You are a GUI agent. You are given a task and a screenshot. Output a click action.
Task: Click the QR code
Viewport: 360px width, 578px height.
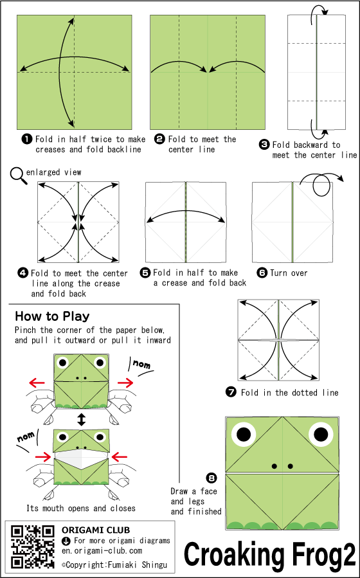pos(32,546)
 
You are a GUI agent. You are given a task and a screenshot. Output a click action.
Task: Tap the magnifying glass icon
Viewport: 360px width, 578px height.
pos(19,176)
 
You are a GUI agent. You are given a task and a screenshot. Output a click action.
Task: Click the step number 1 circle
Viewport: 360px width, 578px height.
pos(27,140)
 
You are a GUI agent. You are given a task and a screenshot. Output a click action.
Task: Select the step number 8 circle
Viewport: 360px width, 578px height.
pos(212,478)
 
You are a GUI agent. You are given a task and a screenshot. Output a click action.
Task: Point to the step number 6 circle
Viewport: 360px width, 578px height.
pos(262,273)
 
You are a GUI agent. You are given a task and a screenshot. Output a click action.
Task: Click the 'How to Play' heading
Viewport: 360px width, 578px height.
pos(52,316)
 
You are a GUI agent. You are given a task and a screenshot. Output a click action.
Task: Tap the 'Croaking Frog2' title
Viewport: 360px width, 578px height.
pos(270,555)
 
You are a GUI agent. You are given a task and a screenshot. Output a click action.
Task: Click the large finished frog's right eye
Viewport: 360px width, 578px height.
pos(321,434)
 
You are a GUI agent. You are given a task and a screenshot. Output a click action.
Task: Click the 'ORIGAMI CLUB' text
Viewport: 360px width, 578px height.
pos(96,530)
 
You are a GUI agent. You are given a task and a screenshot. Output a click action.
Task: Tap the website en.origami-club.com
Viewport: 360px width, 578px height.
pos(102,551)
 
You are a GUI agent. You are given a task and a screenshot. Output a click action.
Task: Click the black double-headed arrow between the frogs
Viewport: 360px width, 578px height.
pos(82,420)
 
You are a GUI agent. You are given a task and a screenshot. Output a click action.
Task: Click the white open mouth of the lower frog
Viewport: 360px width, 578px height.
pos(81,458)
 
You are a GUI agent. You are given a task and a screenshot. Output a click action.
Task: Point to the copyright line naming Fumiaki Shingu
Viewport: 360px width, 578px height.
pos(114,564)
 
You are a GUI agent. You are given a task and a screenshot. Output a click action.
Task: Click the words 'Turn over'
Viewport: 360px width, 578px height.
pos(289,273)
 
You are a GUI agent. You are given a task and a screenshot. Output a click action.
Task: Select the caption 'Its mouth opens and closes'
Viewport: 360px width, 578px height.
pos(81,509)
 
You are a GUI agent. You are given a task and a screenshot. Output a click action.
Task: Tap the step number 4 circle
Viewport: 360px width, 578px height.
pos(23,273)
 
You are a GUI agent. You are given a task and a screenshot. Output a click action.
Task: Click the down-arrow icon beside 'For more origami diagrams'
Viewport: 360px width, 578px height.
pos(65,541)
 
